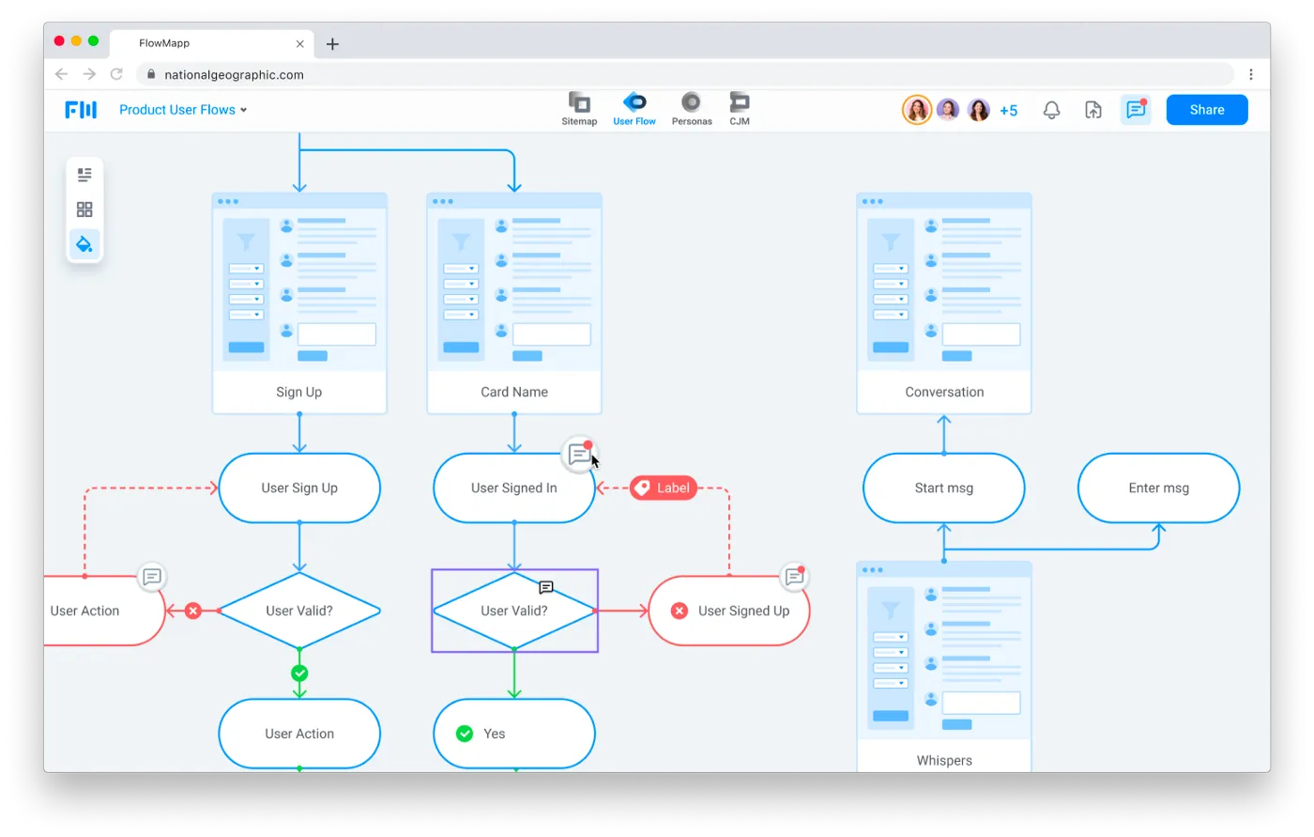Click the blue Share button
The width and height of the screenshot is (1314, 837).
(1206, 110)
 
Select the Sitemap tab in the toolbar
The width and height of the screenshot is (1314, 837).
(579, 109)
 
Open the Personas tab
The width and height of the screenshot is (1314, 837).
(692, 109)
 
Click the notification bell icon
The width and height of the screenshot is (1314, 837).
(1051, 110)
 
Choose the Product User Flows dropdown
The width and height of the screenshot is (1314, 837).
(183, 110)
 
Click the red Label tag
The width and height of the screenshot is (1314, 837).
(664, 488)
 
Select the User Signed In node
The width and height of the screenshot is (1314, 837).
(513, 488)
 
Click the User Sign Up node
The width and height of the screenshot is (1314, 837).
(299, 488)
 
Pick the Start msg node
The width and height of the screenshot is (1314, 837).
(943, 488)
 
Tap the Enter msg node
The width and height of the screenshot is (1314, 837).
(1158, 488)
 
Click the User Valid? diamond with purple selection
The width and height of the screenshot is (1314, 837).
(513, 611)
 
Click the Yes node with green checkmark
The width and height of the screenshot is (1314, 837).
(513, 734)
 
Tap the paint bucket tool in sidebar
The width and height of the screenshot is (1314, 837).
(84, 244)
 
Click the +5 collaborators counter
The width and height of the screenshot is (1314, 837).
(1008, 111)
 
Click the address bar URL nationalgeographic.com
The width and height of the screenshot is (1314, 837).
(234, 75)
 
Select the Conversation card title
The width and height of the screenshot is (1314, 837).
(944, 392)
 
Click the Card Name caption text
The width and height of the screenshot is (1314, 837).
(513, 392)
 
